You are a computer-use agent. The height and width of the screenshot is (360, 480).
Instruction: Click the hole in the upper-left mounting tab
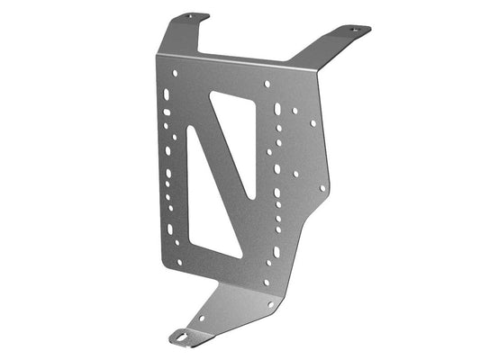click(190, 16)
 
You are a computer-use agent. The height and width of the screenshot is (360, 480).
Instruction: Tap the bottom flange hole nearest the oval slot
click(201, 318)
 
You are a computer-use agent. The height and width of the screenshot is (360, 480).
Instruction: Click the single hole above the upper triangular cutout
click(267, 84)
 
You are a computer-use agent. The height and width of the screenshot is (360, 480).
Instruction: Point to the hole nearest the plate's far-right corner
click(323, 187)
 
